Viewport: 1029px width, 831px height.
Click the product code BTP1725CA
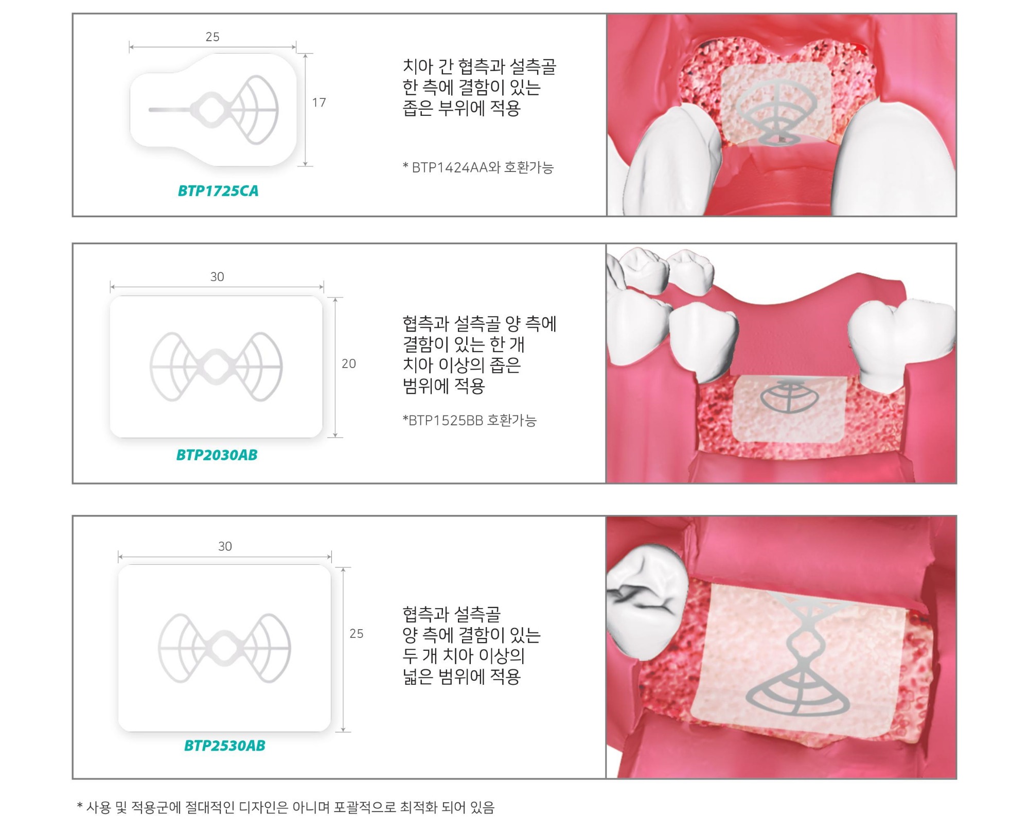click(218, 191)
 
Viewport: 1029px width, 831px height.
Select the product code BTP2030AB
click(217, 455)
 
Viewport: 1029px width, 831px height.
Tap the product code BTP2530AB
click(225, 746)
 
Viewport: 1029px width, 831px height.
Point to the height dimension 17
click(319, 102)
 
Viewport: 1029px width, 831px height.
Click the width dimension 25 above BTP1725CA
click(212, 37)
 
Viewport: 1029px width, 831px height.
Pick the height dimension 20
click(349, 364)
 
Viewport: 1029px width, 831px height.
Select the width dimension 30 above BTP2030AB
click(217, 277)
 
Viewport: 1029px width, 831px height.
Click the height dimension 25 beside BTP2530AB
click(357, 634)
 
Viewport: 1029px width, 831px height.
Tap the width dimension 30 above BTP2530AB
click(225, 546)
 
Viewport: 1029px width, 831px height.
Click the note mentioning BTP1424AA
click(478, 167)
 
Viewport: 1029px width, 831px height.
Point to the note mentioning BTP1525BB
click(470, 421)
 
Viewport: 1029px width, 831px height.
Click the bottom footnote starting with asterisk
click(286, 807)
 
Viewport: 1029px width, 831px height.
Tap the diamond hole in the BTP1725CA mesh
click(208, 110)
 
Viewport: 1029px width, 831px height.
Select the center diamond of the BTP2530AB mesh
click(224, 648)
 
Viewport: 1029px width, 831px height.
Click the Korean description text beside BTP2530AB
click(471, 645)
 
